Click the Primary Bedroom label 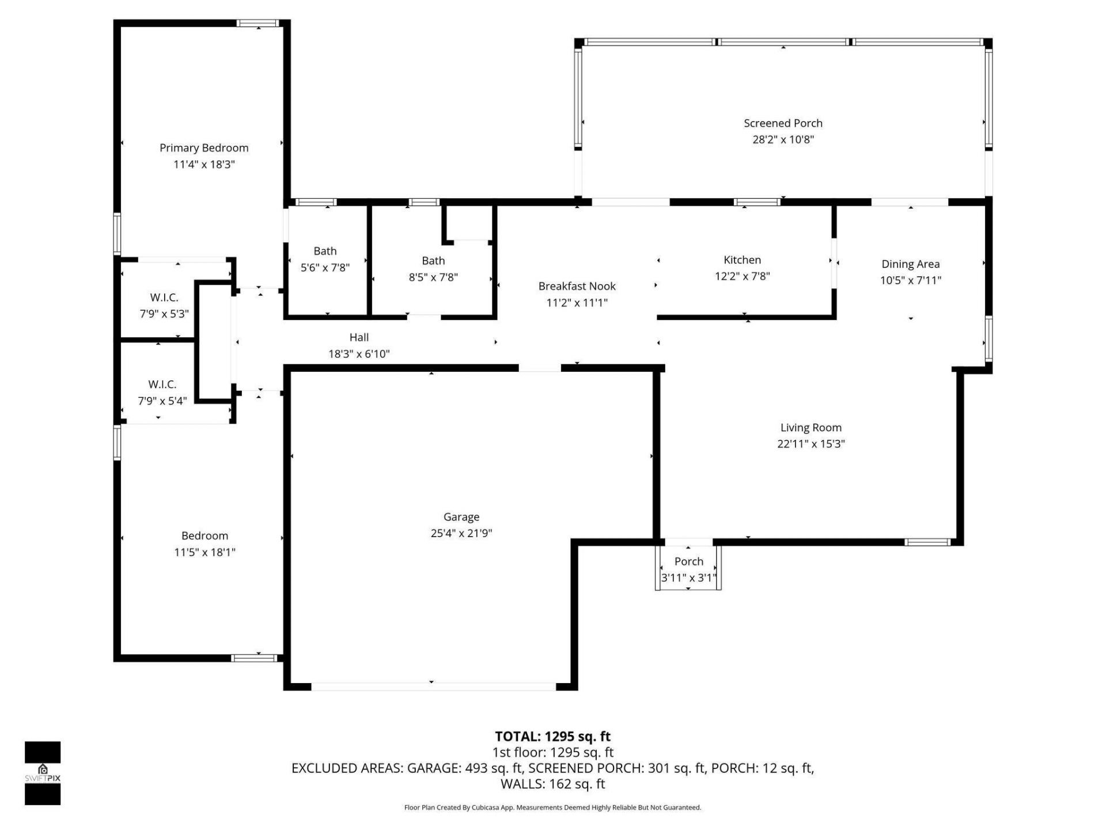click(x=204, y=148)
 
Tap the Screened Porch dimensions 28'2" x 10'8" click(x=783, y=139)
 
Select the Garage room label click(x=461, y=517)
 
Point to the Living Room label click(x=810, y=428)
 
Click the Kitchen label click(x=742, y=260)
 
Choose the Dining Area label click(x=910, y=264)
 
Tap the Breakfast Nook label click(x=577, y=286)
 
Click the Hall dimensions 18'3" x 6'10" click(x=359, y=354)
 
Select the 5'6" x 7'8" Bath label click(x=325, y=251)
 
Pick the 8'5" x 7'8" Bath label click(x=433, y=261)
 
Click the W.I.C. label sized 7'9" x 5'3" click(x=164, y=298)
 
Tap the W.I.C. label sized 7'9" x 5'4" click(x=162, y=384)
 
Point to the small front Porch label click(x=688, y=561)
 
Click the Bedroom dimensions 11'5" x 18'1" click(x=204, y=552)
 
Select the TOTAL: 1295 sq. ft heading click(x=552, y=737)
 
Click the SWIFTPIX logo click(x=43, y=773)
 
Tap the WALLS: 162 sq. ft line click(x=552, y=784)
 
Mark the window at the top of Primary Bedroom click(x=258, y=24)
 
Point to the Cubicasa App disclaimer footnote click(x=552, y=808)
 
